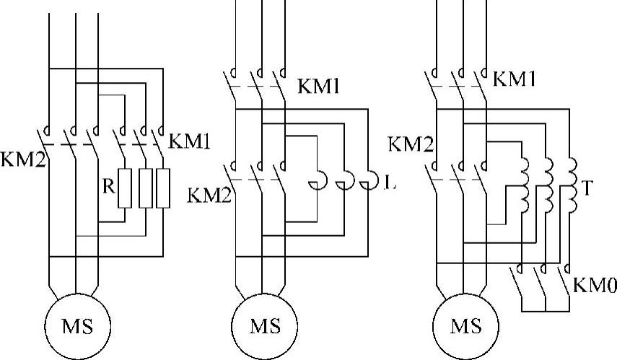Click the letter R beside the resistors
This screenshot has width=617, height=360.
(108, 186)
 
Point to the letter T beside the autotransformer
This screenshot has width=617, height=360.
(587, 188)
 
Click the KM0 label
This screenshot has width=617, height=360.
(595, 285)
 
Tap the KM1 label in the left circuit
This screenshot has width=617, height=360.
(189, 141)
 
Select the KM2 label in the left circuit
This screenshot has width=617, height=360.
(23, 159)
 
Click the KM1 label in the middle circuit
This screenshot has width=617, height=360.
(318, 86)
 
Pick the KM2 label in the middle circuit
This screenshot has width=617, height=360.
(209, 195)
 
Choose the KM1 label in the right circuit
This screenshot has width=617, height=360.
(514, 79)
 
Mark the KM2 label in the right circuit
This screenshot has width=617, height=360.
(411, 144)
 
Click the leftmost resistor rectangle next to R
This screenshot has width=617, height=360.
(125, 188)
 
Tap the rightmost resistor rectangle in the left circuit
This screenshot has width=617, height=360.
(163, 188)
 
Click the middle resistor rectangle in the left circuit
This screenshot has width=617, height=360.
(146, 188)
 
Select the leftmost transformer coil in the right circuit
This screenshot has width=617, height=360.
(525, 185)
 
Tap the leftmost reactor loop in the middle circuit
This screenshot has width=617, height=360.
(318, 180)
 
